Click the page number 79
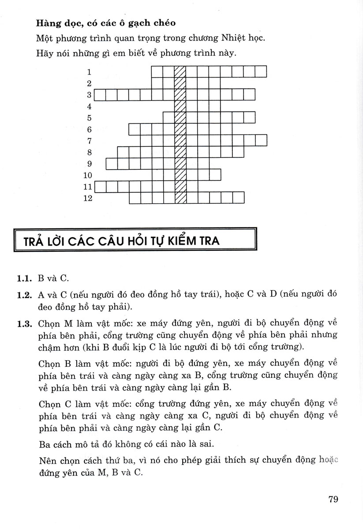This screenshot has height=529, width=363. point(333,499)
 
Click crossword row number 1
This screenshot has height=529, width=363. point(89,72)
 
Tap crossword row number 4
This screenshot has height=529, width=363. point(89,106)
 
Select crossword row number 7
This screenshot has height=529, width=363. point(89,141)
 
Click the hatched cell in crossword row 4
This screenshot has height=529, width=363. point(180,106)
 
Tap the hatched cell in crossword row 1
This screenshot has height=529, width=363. point(180,71)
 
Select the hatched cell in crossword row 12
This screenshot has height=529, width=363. point(180,198)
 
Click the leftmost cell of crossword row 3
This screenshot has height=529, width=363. point(101,95)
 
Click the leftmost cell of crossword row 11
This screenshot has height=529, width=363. point(101,187)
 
